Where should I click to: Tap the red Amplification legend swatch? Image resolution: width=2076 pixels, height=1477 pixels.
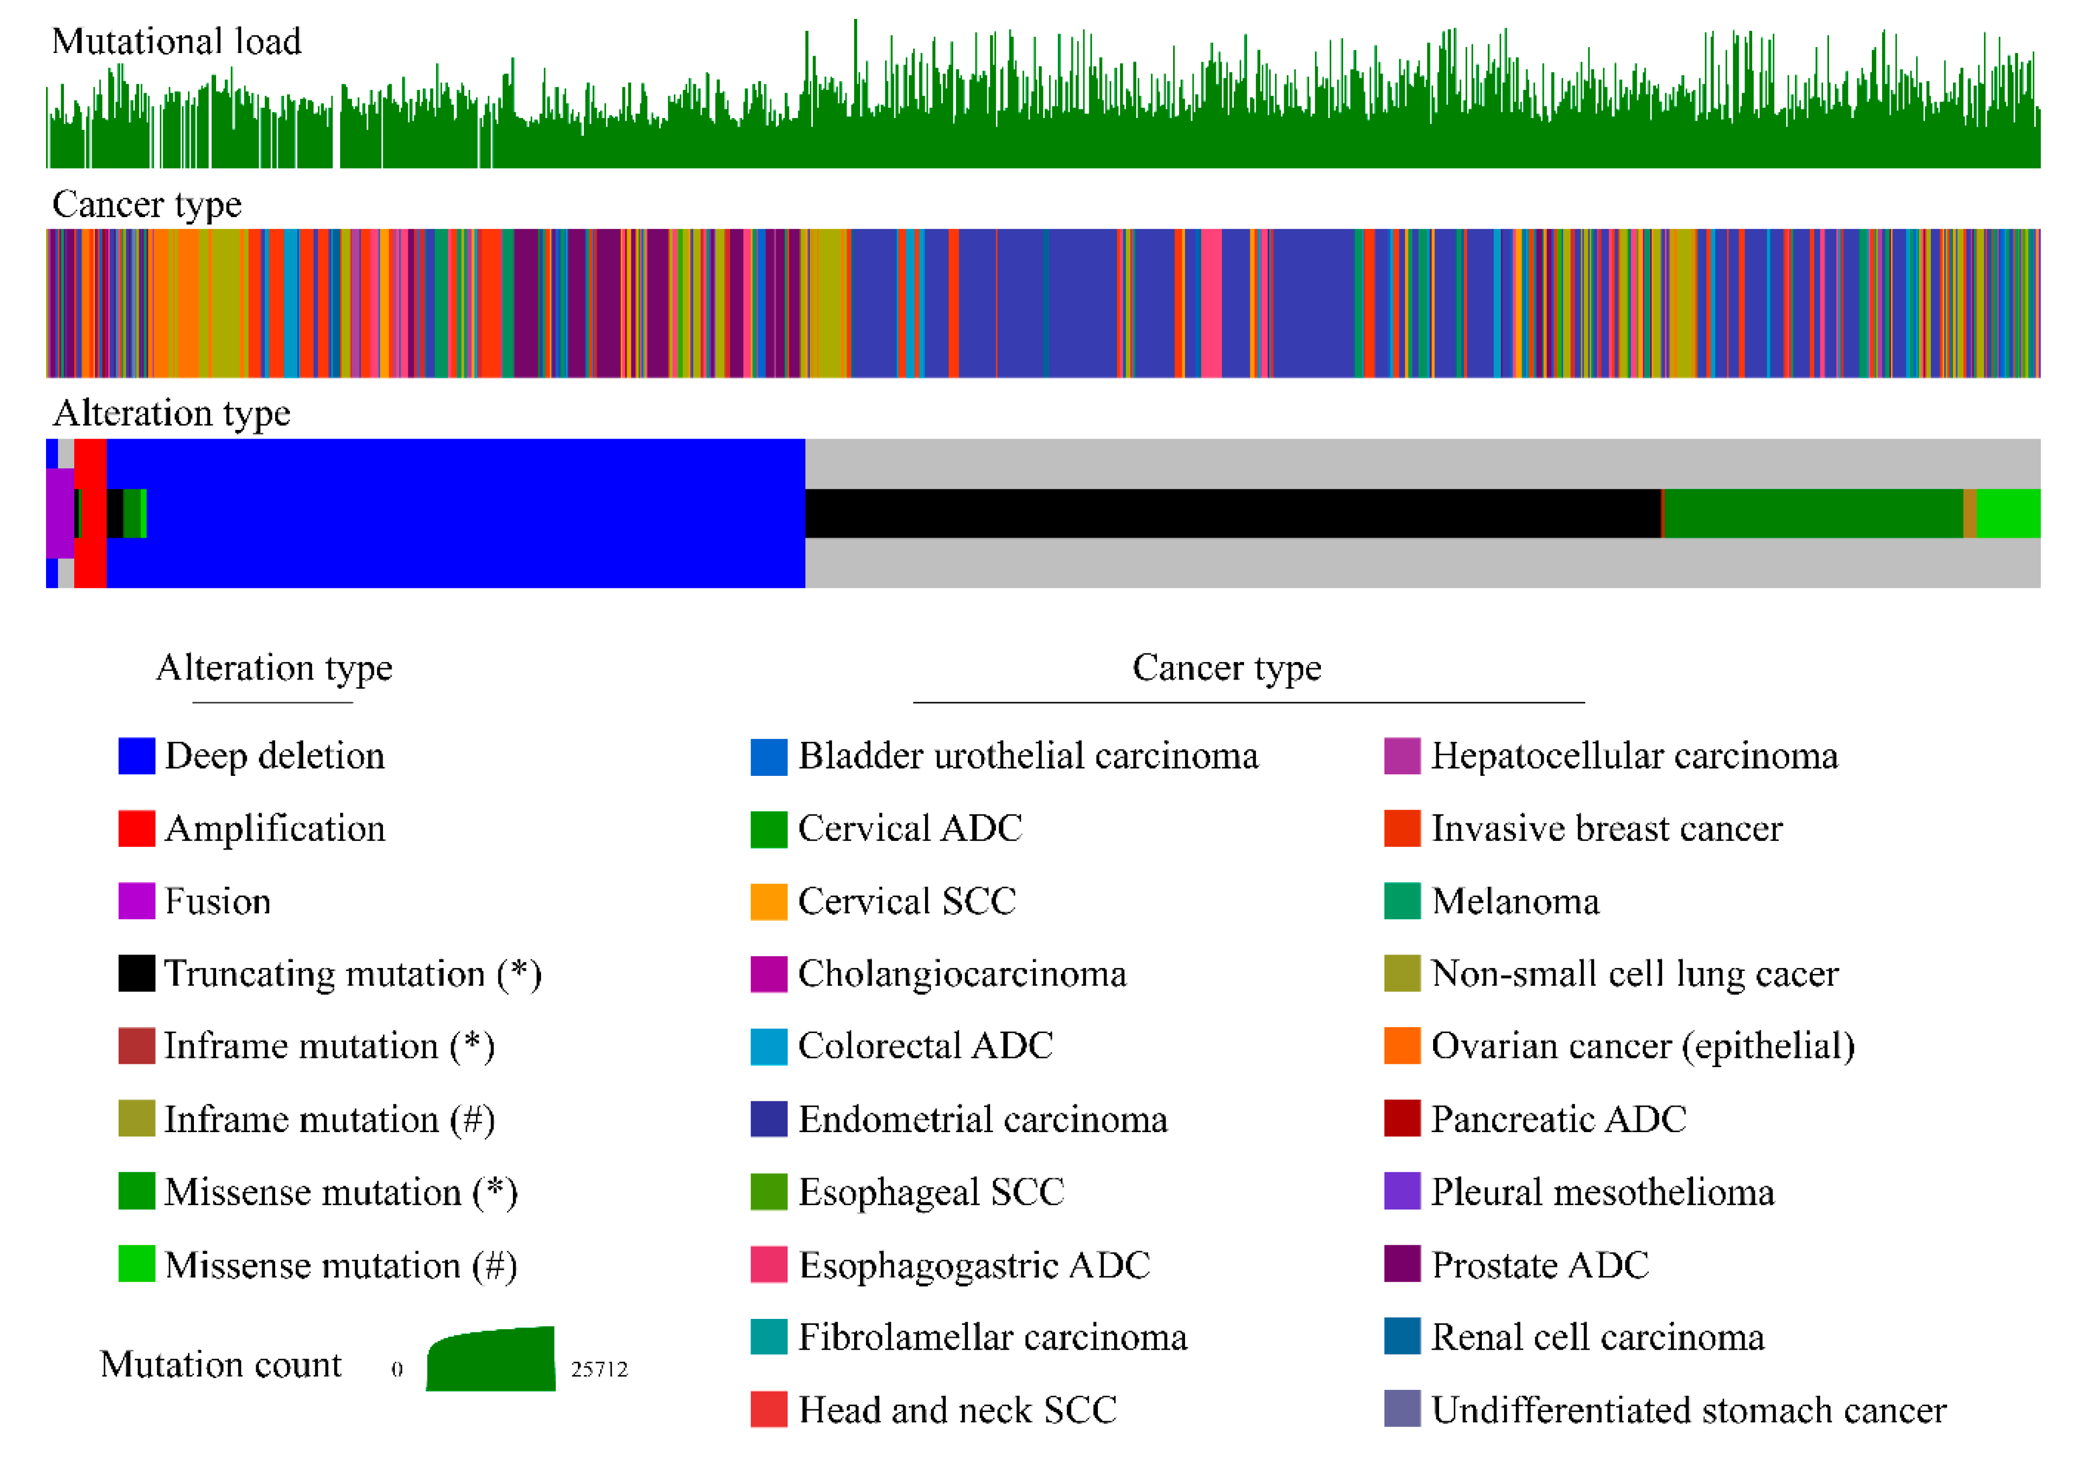point(136,828)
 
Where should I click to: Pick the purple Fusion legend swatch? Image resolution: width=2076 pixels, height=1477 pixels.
point(136,901)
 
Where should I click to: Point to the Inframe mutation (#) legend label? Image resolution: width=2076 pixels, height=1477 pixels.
point(329,1120)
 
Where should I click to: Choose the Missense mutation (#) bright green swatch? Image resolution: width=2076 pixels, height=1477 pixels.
point(136,1264)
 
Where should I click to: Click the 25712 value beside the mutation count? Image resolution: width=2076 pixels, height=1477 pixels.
point(598,1369)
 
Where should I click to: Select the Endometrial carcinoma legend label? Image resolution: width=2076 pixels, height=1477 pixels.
point(982,1120)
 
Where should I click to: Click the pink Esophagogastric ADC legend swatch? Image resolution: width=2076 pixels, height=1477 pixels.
point(769,1264)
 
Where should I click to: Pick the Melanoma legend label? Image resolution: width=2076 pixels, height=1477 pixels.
point(1515,901)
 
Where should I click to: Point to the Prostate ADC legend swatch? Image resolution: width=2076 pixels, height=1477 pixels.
point(1402,1264)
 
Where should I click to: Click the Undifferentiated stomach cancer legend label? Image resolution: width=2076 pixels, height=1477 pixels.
point(1688,1410)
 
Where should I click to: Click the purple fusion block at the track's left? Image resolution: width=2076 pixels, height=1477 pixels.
point(59,514)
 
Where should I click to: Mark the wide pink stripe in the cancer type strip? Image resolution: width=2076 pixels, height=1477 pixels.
point(1211,303)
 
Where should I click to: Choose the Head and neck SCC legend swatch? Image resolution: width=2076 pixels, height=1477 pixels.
point(769,1410)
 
